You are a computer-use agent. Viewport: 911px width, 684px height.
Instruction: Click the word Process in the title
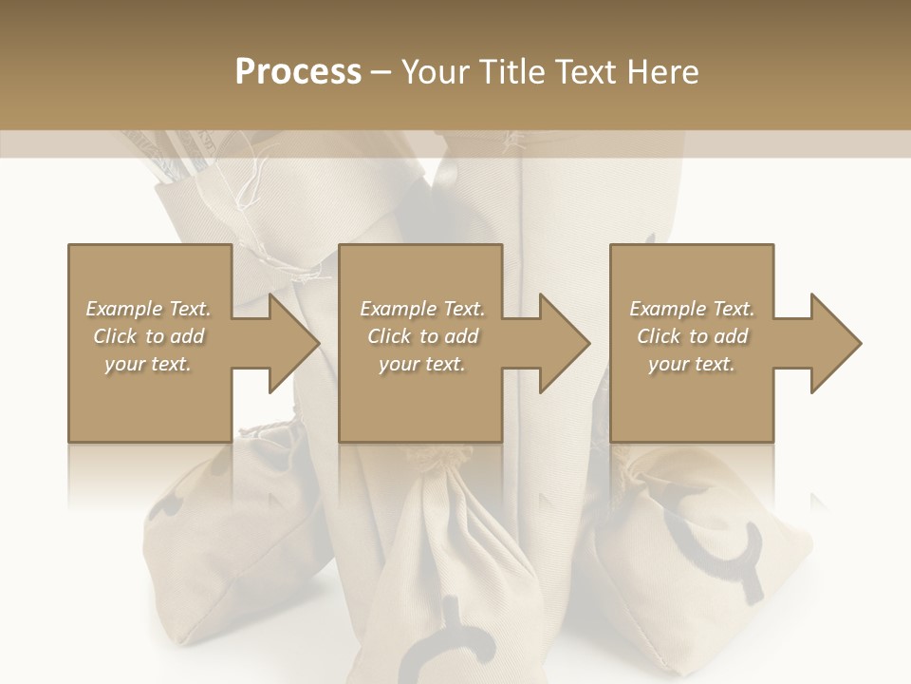coord(298,71)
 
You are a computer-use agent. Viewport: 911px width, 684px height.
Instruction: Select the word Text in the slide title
coord(587,71)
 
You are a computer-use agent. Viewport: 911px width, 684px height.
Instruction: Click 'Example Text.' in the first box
coord(148,309)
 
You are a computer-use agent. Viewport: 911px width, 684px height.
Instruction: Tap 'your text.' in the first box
coord(148,364)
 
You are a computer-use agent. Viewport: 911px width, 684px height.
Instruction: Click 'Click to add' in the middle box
coord(422,336)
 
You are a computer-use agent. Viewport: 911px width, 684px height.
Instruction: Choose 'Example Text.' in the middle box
coord(422,309)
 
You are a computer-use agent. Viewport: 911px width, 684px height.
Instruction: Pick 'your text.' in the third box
coord(692,364)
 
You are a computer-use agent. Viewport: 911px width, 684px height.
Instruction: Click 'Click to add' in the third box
coord(692,336)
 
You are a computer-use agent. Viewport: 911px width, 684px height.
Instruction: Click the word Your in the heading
coord(437,71)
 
